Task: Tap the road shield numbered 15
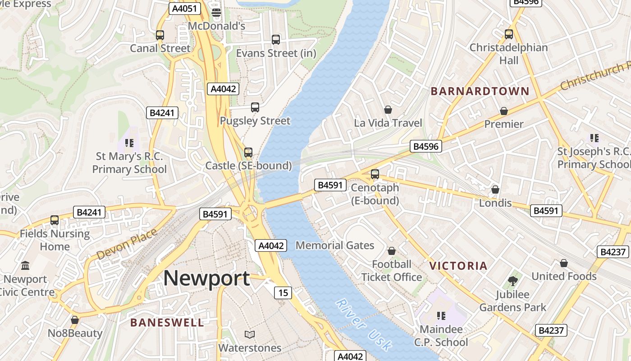tap(283, 293)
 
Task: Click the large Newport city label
tap(206, 278)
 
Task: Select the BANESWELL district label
tap(167, 322)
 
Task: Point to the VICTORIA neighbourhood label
tap(458, 266)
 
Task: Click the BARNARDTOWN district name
tap(480, 91)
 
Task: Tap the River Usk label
tap(364, 324)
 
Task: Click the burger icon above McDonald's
tap(216, 12)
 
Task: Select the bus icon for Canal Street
tap(160, 35)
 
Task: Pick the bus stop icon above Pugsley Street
tap(255, 107)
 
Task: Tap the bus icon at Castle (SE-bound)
tap(248, 153)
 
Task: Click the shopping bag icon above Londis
tap(495, 190)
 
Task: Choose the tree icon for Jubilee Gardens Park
tap(512, 281)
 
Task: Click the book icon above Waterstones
tap(250, 334)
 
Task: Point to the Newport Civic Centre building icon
tap(25, 265)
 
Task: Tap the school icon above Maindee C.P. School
tap(441, 316)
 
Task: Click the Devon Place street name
tap(127, 244)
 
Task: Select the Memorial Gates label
tap(335, 245)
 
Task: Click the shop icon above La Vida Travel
tap(388, 110)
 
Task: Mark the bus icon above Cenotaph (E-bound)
tap(375, 174)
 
